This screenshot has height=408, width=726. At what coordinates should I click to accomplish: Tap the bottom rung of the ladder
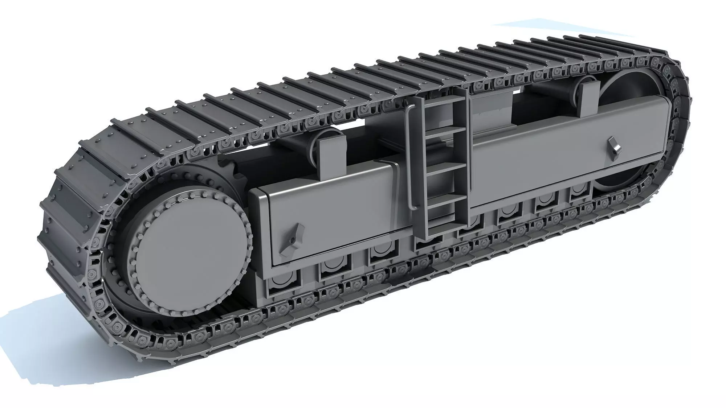pyautogui.click(x=445, y=218)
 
